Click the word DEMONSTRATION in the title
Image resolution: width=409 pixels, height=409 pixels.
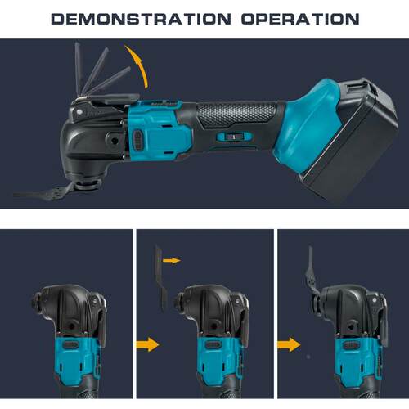pos(142,19)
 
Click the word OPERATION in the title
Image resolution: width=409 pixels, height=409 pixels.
pos(300,19)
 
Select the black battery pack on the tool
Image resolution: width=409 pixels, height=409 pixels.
pos(352,139)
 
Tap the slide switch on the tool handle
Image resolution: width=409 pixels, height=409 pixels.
pos(232,137)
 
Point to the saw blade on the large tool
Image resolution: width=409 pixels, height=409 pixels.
pos(43,193)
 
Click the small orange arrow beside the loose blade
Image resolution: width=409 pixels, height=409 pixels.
pos(172,261)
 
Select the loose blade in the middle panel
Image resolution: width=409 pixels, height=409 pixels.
pos(160,278)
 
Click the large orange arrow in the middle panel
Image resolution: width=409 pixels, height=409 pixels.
pos(147,344)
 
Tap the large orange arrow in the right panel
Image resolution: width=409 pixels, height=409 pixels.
pos(289,344)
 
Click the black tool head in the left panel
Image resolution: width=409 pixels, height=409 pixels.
pos(70,309)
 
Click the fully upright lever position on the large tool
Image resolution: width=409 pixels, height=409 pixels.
pos(78,68)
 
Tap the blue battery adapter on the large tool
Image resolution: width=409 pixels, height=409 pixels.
pos(308,125)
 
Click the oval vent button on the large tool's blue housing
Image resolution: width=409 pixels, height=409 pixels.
pos(139,140)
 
